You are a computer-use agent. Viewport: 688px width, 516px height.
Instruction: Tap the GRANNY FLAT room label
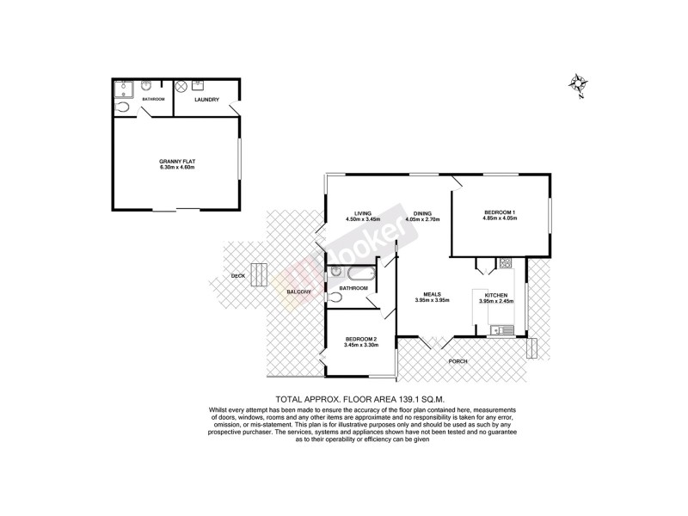[x=178, y=161]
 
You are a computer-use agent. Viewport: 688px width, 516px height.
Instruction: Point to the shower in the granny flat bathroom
[x=124, y=87]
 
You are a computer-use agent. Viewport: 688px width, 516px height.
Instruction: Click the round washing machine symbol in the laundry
[x=181, y=87]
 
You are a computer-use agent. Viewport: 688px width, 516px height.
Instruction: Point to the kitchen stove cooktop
[x=506, y=262]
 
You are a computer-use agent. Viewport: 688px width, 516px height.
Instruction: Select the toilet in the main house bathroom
[x=335, y=298]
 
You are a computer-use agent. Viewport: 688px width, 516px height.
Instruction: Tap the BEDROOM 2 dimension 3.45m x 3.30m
[x=360, y=345]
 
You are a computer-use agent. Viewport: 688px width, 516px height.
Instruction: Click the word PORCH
[x=458, y=361]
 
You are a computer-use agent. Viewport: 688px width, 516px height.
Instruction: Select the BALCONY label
[x=299, y=293]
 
